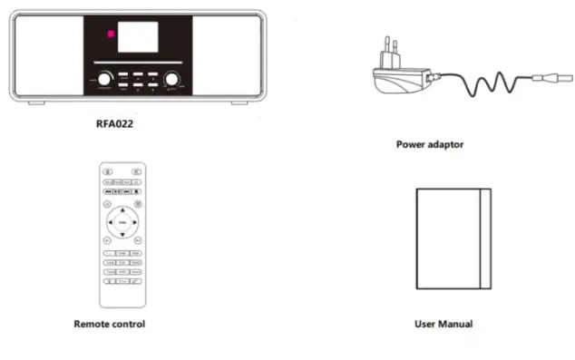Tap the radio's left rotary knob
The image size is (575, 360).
pyautogui.click(x=106, y=79)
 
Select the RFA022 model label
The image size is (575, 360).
pyautogui.click(x=138, y=122)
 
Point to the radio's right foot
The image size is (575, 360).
pyautogui.click(x=239, y=102)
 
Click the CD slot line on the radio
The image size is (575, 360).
pyautogui.click(x=138, y=63)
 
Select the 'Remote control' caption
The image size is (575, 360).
pyautogui.click(x=109, y=324)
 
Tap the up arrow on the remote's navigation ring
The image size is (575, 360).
pyautogui.click(x=122, y=211)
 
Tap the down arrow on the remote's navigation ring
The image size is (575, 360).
pyautogui.click(x=122, y=233)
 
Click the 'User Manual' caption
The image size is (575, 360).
pyautogui.click(x=443, y=324)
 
